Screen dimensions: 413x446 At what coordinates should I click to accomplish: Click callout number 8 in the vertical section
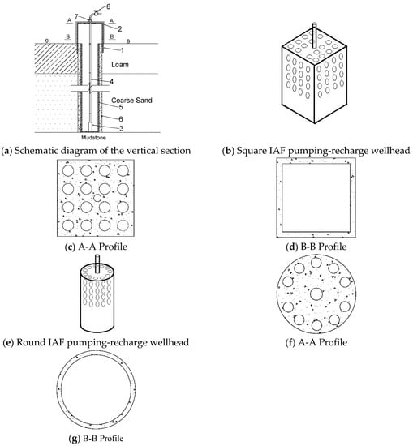[x=108, y=6]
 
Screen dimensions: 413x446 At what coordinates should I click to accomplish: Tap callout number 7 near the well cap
[x=76, y=17]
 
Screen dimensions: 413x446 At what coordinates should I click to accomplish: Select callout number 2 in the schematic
[x=120, y=28]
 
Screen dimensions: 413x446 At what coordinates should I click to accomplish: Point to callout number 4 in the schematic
[x=112, y=82]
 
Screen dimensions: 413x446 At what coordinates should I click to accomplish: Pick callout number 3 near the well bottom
[x=122, y=128]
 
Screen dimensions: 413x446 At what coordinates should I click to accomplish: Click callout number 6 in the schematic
[x=121, y=119]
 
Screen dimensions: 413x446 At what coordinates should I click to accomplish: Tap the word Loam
[x=120, y=65]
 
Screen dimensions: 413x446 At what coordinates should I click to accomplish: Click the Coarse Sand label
[x=131, y=100]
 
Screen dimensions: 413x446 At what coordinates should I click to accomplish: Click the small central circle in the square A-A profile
[x=97, y=198]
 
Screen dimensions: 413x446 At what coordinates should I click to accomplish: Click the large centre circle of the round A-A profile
[x=316, y=294]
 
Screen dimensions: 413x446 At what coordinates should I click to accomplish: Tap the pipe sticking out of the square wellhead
[x=314, y=35]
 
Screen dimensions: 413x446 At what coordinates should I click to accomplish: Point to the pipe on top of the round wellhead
[x=97, y=264]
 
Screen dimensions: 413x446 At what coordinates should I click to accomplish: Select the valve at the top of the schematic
[x=96, y=13]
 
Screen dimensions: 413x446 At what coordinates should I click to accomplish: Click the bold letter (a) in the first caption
[x=6, y=151]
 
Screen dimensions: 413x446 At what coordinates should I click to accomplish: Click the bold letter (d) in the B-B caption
[x=292, y=247]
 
